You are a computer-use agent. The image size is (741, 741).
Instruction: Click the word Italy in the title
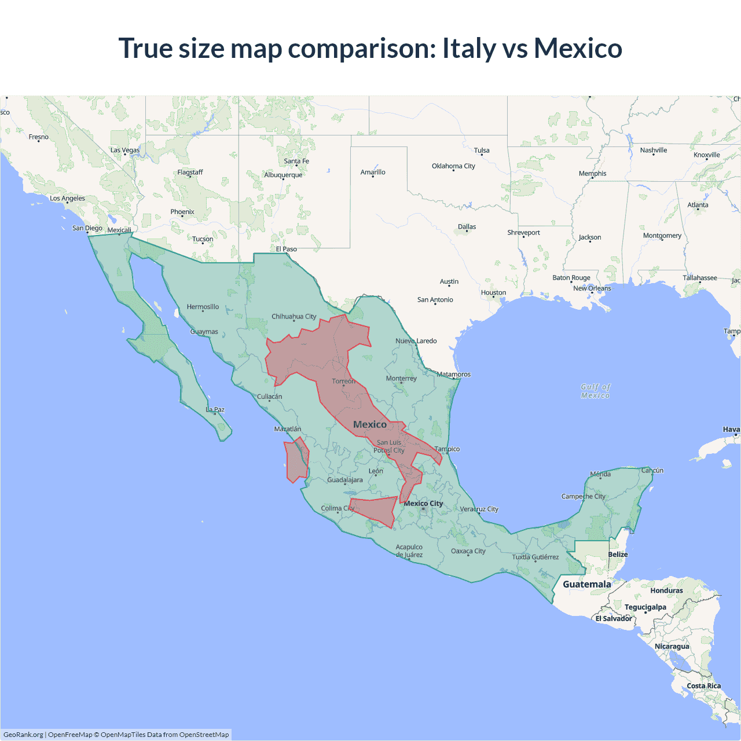[x=469, y=48]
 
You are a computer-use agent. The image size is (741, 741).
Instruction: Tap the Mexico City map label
[x=423, y=504]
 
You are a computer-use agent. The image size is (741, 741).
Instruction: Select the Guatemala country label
[x=586, y=584]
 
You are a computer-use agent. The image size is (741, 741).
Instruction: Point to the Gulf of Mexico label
[x=596, y=391]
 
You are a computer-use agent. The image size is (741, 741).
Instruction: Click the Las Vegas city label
[x=125, y=150]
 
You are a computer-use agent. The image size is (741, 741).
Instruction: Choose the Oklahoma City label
[x=453, y=166]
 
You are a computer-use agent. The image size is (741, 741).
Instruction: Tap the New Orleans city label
[x=592, y=288]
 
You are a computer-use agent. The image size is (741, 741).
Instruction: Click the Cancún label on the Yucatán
[x=652, y=471]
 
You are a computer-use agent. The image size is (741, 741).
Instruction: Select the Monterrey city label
[x=401, y=379]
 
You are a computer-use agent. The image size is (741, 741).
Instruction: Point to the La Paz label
[x=215, y=410]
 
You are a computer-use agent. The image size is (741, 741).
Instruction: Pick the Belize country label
[x=618, y=555]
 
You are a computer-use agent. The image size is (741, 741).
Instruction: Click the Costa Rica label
[x=703, y=686]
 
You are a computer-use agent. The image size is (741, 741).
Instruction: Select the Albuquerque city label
[x=283, y=175]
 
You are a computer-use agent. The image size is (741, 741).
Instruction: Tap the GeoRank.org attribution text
[x=23, y=735]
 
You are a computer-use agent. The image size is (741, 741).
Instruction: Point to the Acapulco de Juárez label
[x=409, y=551]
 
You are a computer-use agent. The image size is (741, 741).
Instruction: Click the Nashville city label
[x=654, y=151]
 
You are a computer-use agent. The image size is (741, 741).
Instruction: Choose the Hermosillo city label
[x=203, y=307]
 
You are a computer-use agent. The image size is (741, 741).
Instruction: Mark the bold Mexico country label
[x=370, y=424]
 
